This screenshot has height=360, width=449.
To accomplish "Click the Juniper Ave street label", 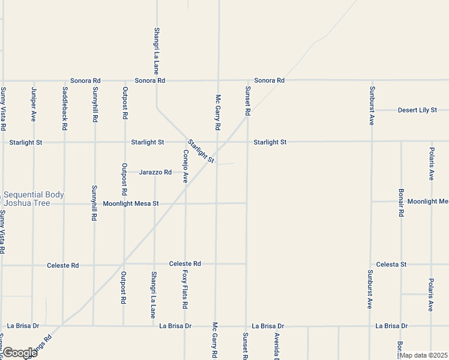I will tap(34, 104).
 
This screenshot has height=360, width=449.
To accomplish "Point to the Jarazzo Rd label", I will tap(155, 172).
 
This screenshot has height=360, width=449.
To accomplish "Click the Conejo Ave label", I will tap(185, 166).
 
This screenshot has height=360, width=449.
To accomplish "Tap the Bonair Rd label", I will tap(401, 203).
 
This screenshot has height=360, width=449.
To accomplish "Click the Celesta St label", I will tap(391, 264).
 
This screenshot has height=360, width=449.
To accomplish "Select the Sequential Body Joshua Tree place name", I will tap(34, 199).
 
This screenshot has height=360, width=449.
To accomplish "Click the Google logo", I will tap(19, 353).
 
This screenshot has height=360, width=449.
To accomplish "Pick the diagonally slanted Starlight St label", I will tap(200, 151).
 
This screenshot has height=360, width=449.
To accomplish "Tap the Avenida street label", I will tap(277, 346).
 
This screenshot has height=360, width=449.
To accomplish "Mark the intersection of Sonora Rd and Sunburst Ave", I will tap(372, 80).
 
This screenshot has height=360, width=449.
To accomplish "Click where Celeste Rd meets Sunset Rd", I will tap(246, 263).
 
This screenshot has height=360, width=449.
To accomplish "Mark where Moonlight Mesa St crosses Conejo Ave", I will tap(185, 203).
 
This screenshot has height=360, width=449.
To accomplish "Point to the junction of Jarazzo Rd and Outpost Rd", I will tap(125, 172).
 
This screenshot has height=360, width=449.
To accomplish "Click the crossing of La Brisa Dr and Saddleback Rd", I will tap(63, 326).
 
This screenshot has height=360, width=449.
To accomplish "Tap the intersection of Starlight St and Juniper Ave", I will tap(34, 142).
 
